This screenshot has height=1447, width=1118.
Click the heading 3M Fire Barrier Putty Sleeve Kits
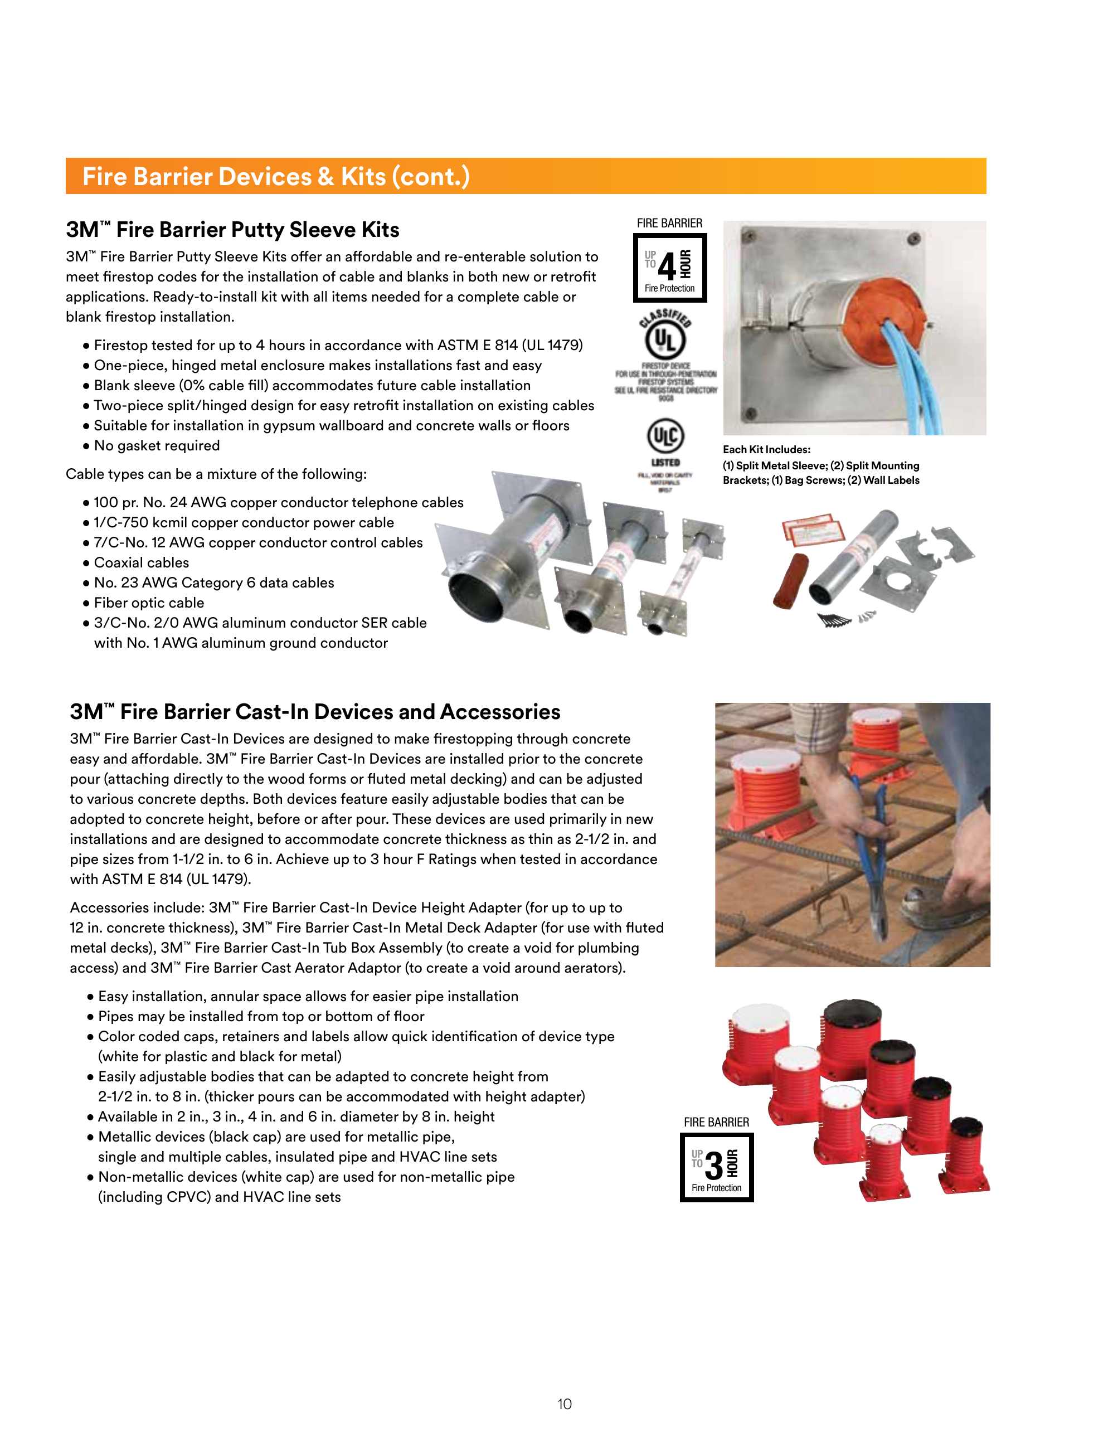[x=232, y=230]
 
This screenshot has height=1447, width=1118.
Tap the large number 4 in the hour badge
[x=667, y=267]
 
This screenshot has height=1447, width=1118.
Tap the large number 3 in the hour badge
[x=713, y=1166]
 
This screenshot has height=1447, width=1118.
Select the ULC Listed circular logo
[x=665, y=436]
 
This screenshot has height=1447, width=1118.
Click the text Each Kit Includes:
[x=766, y=449]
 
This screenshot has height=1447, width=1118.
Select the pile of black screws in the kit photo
[x=834, y=621]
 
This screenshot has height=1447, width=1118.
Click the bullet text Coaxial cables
[x=141, y=562]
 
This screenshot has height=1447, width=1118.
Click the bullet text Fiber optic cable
[x=148, y=603]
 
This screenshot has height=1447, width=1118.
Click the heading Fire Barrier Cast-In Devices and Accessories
[x=315, y=712]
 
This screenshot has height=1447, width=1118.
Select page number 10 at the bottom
[x=565, y=1404]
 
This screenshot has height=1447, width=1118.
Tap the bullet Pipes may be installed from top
[x=261, y=1016]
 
